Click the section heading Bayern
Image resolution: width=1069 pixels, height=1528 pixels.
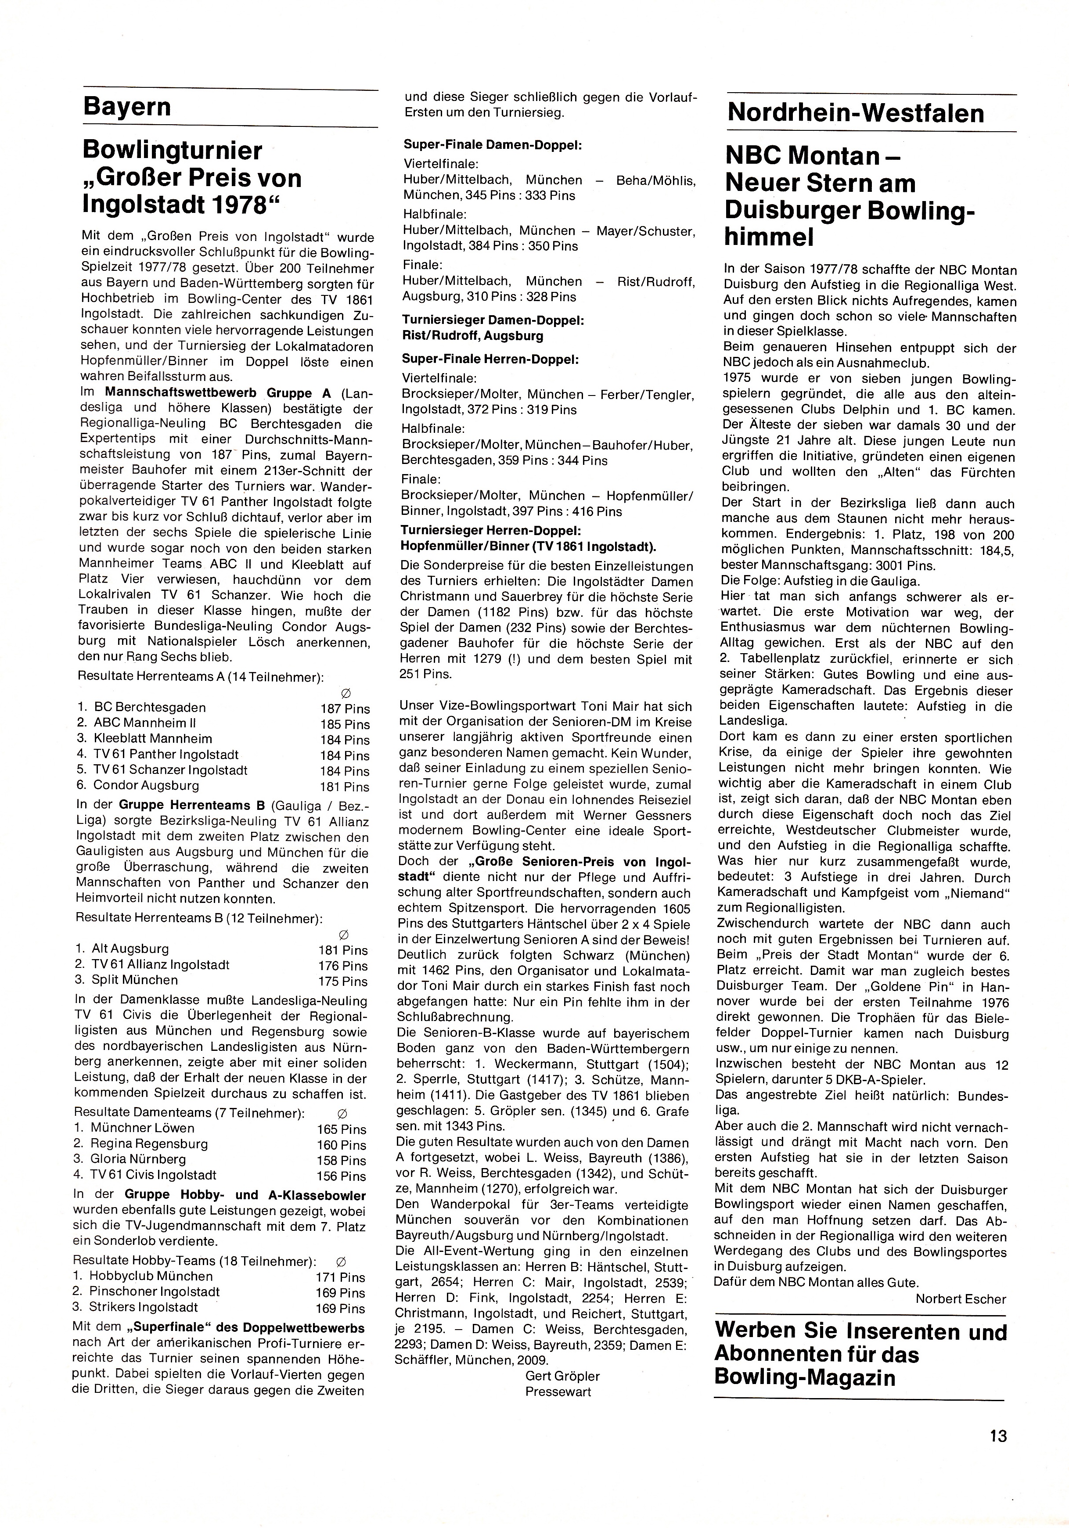pos(126,107)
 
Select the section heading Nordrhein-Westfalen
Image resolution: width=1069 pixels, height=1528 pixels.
pos(855,113)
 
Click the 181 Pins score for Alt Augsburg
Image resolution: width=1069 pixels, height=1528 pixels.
pos(343,949)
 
